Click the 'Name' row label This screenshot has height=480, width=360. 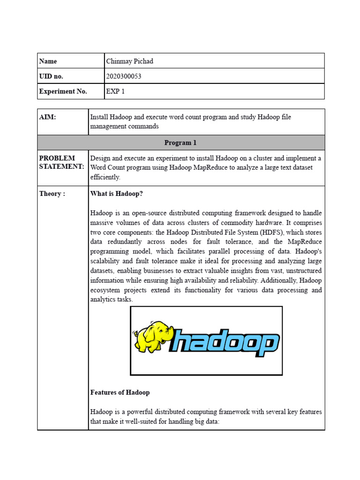click(x=48, y=61)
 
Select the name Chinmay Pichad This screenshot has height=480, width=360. click(x=130, y=61)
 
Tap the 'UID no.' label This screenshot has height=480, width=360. click(x=51, y=76)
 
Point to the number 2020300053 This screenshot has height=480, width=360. click(x=124, y=76)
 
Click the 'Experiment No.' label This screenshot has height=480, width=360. click(x=63, y=91)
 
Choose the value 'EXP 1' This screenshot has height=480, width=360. click(x=116, y=91)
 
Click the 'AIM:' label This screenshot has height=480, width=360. click(x=47, y=117)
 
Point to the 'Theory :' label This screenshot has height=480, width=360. click(x=52, y=194)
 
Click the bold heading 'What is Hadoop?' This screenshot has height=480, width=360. click(x=116, y=194)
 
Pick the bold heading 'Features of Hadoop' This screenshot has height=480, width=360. click(x=120, y=392)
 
